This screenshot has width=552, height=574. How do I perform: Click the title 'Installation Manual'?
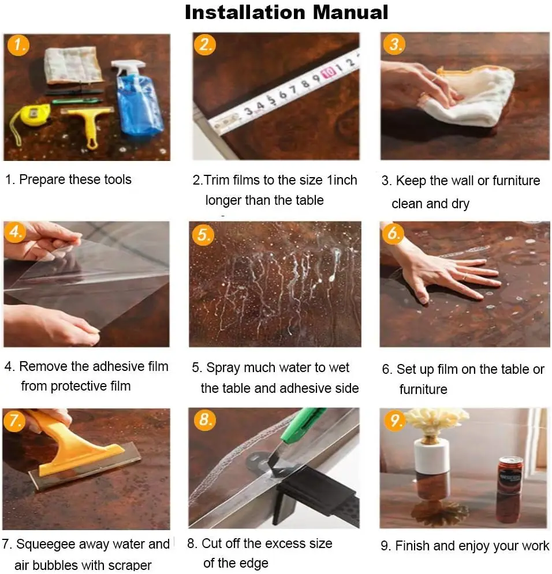point(286,12)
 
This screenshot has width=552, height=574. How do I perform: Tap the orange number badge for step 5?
point(203,235)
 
